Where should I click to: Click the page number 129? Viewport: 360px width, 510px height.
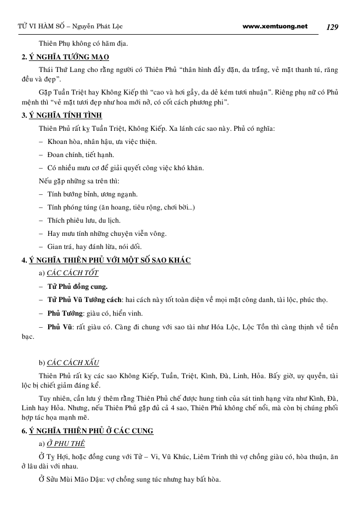point(332,27)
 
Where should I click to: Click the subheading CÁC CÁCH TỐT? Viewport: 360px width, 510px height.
point(72,273)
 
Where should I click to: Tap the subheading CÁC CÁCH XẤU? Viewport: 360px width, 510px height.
point(73,363)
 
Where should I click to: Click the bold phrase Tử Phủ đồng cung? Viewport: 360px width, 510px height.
point(77,287)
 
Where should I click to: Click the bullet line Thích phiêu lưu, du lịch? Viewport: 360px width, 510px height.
point(84,220)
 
